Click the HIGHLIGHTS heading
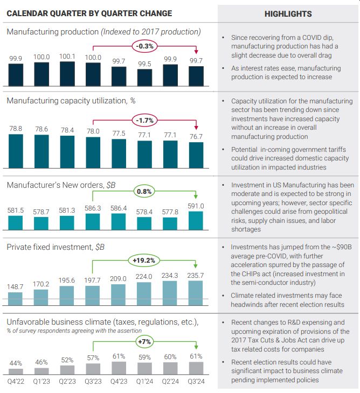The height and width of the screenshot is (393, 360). point(288,13)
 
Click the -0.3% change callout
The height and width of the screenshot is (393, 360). point(144,46)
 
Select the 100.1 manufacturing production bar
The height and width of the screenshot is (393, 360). point(67,74)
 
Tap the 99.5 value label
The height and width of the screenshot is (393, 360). point(144,64)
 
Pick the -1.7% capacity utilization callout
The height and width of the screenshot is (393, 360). point(144,120)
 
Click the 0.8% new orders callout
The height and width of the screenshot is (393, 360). point(144,191)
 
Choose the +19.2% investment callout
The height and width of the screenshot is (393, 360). point(144,260)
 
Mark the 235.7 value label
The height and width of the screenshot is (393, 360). point(196,276)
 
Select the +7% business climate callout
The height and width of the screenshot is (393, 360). point(144,342)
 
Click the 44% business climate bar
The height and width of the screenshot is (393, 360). point(16,371)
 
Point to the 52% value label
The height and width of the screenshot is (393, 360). point(67,360)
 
